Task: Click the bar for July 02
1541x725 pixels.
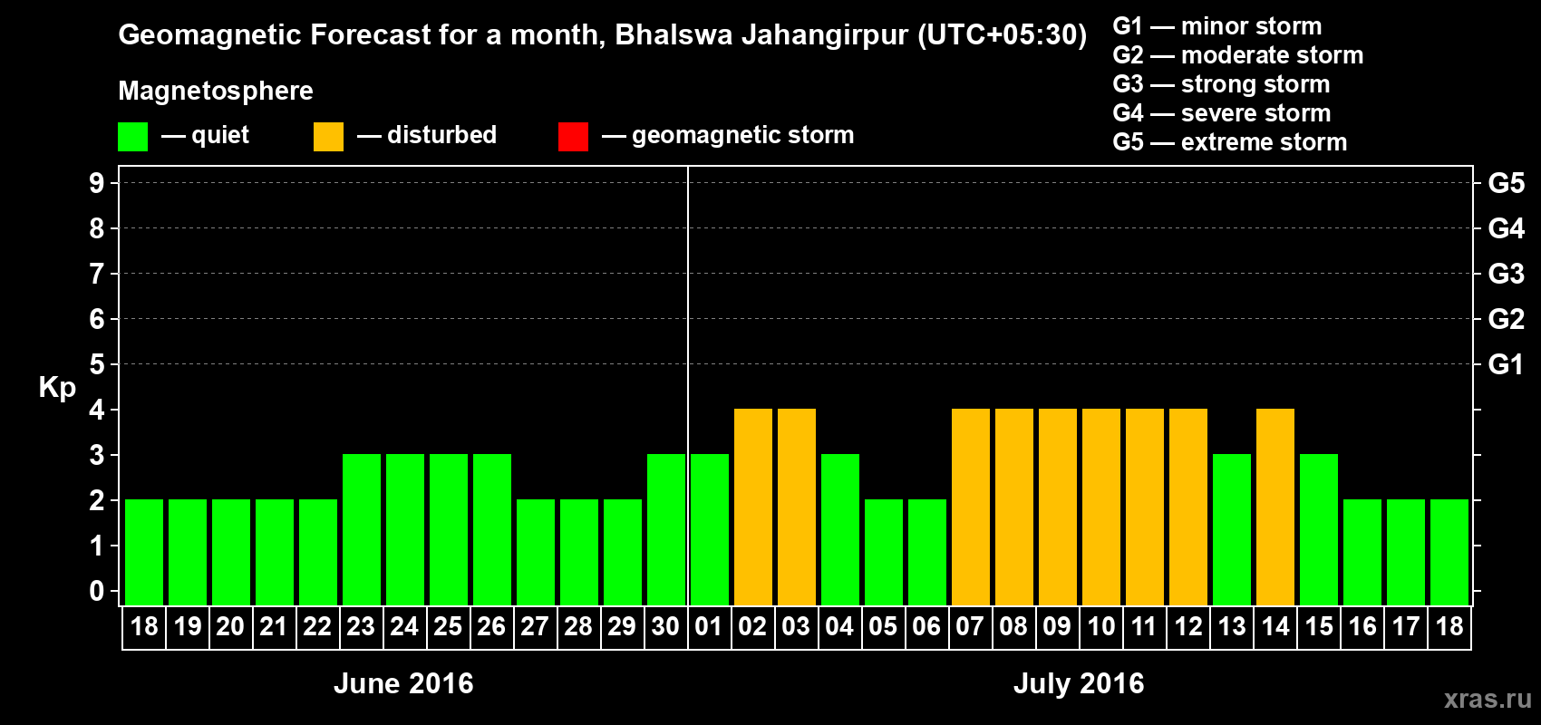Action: pyautogui.click(x=753, y=507)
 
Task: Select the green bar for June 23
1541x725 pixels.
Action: pyautogui.click(x=362, y=529)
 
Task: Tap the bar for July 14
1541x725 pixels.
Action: pyautogui.click(x=1275, y=507)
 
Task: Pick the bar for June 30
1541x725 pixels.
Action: pyautogui.click(x=666, y=529)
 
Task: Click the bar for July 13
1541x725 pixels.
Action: pyautogui.click(x=1232, y=529)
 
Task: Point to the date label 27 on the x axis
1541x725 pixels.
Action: pyautogui.click(x=535, y=626)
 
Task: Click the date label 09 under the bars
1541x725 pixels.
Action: pyautogui.click(x=1057, y=626)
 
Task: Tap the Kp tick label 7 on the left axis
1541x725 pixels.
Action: pyautogui.click(x=97, y=274)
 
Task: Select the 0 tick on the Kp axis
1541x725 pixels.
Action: pyautogui.click(x=97, y=591)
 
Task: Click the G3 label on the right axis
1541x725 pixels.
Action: pyautogui.click(x=1506, y=274)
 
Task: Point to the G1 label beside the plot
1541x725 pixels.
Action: pyautogui.click(x=1506, y=364)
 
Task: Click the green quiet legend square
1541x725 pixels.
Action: pyautogui.click(x=133, y=137)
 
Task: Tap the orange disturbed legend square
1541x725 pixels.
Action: pyautogui.click(x=328, y=137)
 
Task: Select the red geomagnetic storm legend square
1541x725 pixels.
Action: pyautogui.click(x=573, y=137)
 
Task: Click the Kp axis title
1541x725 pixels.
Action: pyautogui.click(x=57, y=388)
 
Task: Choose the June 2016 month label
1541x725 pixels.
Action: pyautogui.click(x=403, y=683)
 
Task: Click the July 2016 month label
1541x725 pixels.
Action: pyautogui.click(x=1079, y=683)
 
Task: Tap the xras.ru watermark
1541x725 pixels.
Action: pyautogui.click(x=1488, y=699)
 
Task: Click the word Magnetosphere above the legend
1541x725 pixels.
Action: pyautogui.click(x=216, y=91)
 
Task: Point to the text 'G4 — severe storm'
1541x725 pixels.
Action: pyautogui.click(x=1222, y=113)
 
